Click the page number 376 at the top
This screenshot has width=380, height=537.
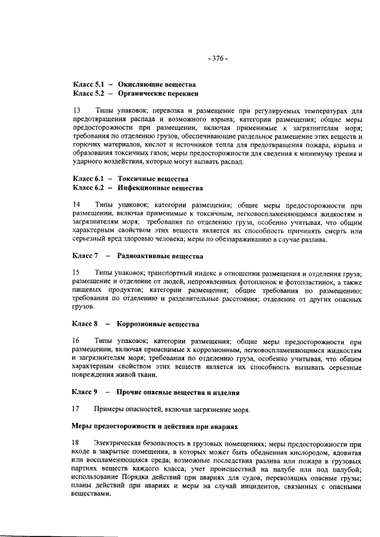[x=218, y=58]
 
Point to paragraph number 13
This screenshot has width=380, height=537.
[x=76, y=111]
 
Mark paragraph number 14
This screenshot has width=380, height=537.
[x=76, y=205]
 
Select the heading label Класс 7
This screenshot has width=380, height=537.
[x=85, y=256]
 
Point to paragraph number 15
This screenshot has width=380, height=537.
[x=76, y=274]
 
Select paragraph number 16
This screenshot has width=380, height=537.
[x=76, y=342]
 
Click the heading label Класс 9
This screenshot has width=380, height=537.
[x=85, y=393]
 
